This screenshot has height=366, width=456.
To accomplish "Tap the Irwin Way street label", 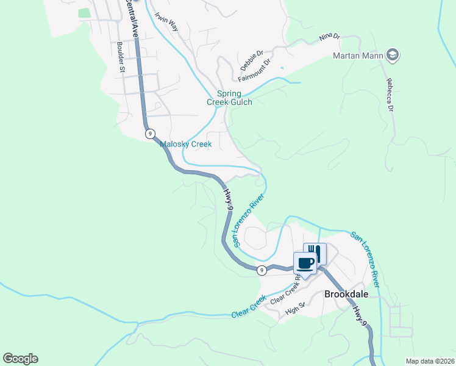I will coord(166,22).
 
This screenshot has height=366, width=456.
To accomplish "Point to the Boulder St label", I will coord(121,57).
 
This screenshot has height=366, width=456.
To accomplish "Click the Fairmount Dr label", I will coord(253,73).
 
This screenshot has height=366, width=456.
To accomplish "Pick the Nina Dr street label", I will coord(329,37).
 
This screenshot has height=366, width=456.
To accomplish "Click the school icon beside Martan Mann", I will coord(393,56).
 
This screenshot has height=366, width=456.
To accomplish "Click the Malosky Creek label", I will coord(185,145).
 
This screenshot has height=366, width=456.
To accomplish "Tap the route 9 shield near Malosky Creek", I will coord(149,133).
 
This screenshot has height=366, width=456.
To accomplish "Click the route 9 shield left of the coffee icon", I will coord(261,270).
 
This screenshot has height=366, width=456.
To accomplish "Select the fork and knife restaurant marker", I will coord(315,252).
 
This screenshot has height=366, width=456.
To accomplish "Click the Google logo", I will coord(20,359).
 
